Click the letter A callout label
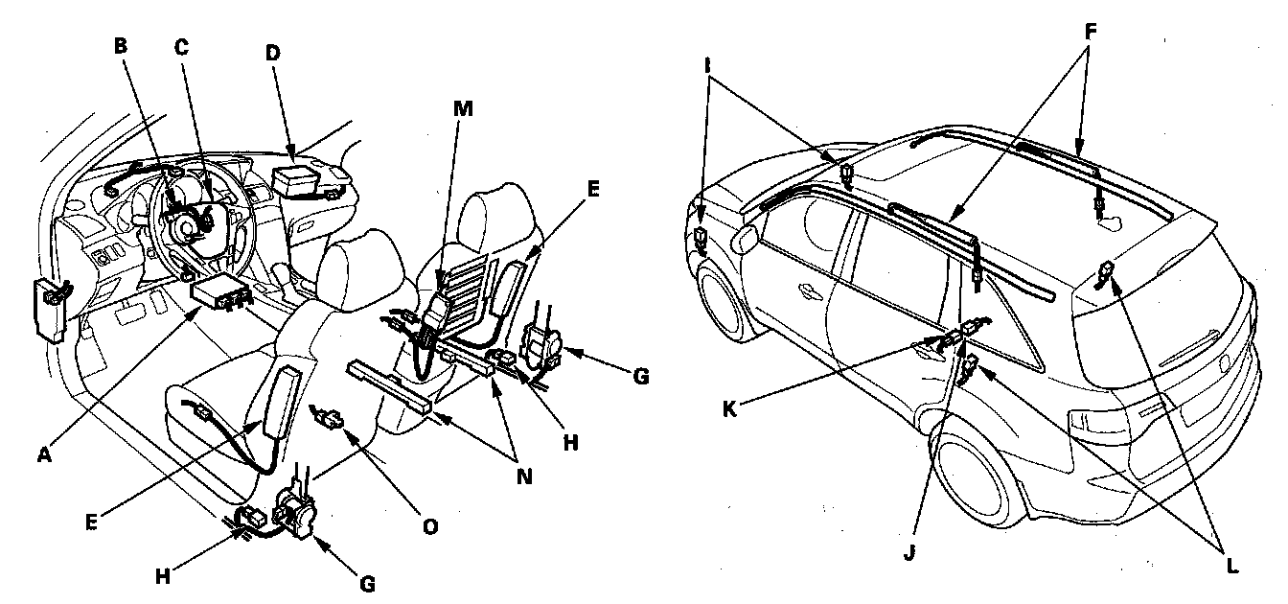point(44,455)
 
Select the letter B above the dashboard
point(120,46)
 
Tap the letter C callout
point(182,47)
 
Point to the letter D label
point(272,53)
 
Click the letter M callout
point(463,108)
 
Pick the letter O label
point(430,527)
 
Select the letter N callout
point(524,476)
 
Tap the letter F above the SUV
point(1091,32)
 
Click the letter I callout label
point(708,67)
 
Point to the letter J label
point(909,553)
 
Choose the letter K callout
point(729,409)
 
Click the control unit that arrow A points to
point(220,291)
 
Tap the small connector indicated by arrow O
point(330,417)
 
